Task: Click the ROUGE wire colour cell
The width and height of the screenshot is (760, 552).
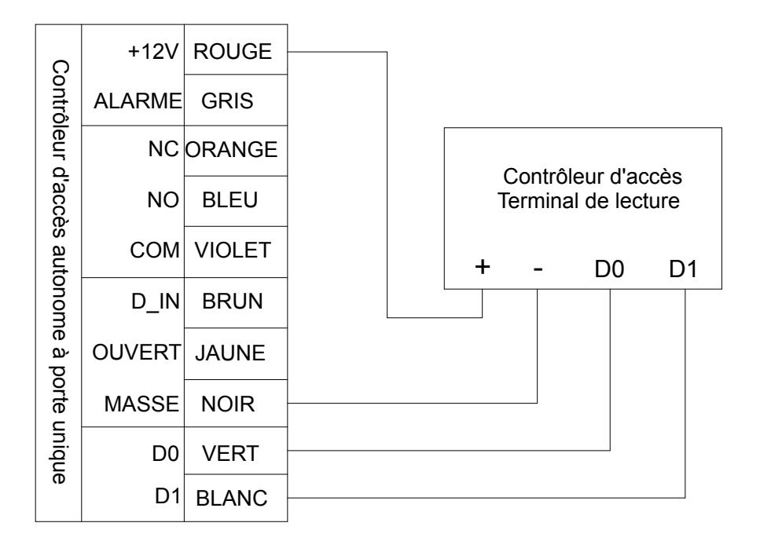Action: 236,49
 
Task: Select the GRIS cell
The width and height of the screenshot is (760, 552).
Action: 236,101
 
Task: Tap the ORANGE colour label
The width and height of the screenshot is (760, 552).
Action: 231,150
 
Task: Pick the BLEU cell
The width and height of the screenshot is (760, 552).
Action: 236,201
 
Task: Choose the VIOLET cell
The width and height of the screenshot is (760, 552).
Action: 236,252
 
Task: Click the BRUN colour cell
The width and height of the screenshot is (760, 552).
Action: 236,302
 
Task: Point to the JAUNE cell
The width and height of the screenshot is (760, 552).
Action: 236,353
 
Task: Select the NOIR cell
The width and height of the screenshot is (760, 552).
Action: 236,404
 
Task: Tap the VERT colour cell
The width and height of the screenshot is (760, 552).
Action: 236,451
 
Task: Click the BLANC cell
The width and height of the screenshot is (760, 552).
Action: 236,498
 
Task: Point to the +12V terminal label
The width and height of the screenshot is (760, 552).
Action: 153,51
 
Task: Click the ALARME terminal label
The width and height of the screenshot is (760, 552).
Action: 138,101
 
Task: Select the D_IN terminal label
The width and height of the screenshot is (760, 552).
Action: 156,302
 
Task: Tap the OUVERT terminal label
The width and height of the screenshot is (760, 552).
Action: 137,353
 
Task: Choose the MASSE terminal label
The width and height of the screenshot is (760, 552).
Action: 141,404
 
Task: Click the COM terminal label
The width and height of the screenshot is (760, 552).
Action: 155,250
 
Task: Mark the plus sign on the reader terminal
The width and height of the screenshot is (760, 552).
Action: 483,266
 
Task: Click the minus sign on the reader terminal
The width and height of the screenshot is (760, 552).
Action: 538,269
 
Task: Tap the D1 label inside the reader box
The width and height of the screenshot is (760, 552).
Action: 683,269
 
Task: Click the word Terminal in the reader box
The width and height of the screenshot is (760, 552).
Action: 534,201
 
